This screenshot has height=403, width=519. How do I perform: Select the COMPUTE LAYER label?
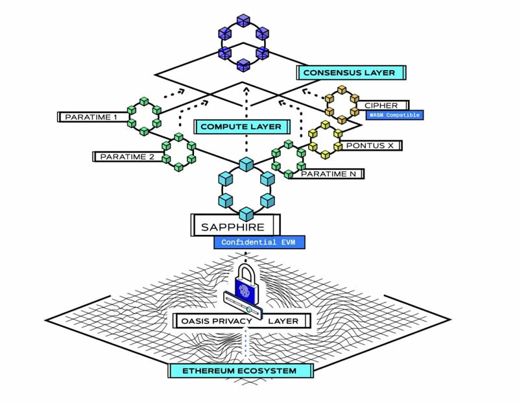(241, 127)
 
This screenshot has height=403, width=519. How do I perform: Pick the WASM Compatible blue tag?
(394, 116)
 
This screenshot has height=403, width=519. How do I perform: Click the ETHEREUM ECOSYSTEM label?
(240, 371)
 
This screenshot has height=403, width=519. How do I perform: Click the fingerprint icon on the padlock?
(247, 289)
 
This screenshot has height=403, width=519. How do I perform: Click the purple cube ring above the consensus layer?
(243, 42)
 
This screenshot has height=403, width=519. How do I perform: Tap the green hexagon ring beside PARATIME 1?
(144, 115)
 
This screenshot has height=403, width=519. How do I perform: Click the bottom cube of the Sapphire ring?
(246, 214)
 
